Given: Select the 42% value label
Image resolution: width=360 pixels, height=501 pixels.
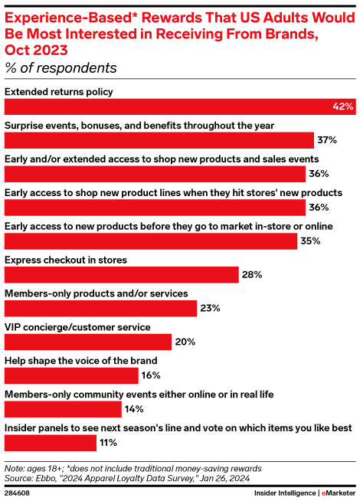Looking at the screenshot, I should (343, 106).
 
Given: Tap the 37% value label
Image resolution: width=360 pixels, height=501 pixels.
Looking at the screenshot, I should (327, 140).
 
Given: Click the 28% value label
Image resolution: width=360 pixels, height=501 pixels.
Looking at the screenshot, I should (253, 274).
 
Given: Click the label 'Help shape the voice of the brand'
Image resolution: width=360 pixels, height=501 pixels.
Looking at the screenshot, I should (81, 359).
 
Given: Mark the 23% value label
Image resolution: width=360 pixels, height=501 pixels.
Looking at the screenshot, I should (211, 308).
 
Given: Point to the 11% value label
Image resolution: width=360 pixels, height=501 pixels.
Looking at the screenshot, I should (108, 442).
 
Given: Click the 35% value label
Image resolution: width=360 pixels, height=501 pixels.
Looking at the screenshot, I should (310, 241).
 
